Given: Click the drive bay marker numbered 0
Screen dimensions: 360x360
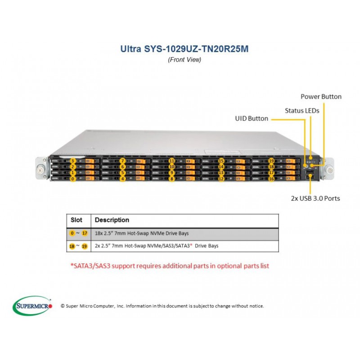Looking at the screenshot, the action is coord(73,179).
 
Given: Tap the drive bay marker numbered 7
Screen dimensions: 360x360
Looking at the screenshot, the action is coord(122,161).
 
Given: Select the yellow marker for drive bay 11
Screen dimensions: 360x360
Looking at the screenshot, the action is coord(172,161).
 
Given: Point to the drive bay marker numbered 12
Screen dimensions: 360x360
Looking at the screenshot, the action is coord(221,179).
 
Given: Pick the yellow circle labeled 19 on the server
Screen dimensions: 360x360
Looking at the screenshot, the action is coord(271,161).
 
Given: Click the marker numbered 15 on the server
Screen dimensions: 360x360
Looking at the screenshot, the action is coord(221,161).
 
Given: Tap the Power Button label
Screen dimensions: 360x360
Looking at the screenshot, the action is coord(321,97).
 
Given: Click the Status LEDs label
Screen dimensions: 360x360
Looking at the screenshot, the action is coord(302,111).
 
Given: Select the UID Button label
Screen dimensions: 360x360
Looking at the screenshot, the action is coord(252,118).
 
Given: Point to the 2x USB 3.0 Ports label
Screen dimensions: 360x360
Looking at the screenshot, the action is coord(315,198).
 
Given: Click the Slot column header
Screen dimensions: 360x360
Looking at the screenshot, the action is coord(76,220).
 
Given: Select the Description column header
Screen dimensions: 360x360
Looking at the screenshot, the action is coord(112,220).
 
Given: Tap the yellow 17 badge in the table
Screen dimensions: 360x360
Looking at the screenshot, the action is coord(85,233).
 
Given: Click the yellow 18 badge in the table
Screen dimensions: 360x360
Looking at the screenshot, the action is coord(72,246).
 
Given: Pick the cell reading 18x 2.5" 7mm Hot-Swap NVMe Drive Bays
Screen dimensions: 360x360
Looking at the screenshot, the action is coord(142,233).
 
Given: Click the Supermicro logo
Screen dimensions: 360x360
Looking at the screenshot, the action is coord(32,306).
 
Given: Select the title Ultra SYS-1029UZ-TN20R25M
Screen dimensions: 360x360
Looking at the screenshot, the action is coord(184,49).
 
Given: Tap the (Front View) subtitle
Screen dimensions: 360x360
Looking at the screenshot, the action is coord(184,60).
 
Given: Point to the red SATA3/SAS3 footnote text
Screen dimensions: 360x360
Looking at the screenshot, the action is coord(170,266).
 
